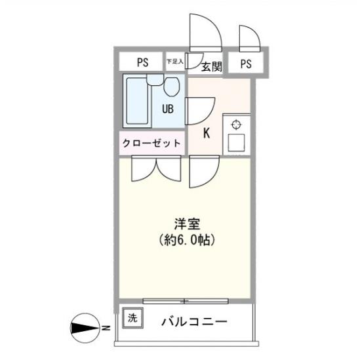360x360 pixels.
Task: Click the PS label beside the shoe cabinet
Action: (x=142, y=63)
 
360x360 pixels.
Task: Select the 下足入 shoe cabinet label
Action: (x=174, y=62)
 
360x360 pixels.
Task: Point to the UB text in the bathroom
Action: (x=168, y=109)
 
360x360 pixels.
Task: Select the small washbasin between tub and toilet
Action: (x=153, y=79)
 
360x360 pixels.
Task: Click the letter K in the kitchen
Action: (x=206, y=134)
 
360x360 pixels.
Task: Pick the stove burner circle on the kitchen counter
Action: (x=236, y=125)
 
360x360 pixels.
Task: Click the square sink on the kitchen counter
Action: (x=236, y=142)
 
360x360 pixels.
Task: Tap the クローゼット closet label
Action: (x=151, y=144)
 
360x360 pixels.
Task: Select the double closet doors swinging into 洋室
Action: (x=156, y=169)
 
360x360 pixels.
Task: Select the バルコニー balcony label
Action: (x=195, y=322)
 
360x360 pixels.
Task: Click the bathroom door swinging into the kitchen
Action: (x=201, y=108)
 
